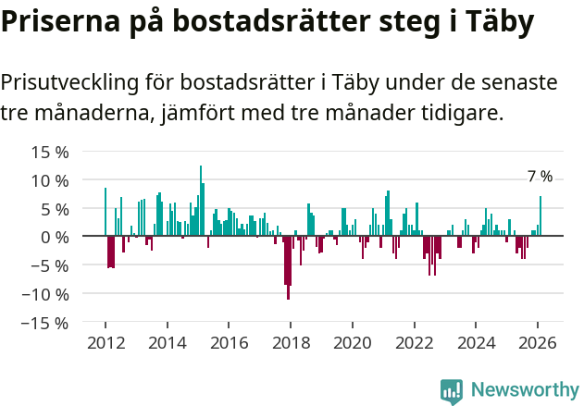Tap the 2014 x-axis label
pos(167,342)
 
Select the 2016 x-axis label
pos(229,342)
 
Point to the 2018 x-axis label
pos(291,342)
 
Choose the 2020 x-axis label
pos(353,342)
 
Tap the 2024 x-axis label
pos(477,342)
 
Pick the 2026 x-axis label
pos(538,342)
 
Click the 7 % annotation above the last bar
pos(540,177)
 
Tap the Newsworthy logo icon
pos(452,391)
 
